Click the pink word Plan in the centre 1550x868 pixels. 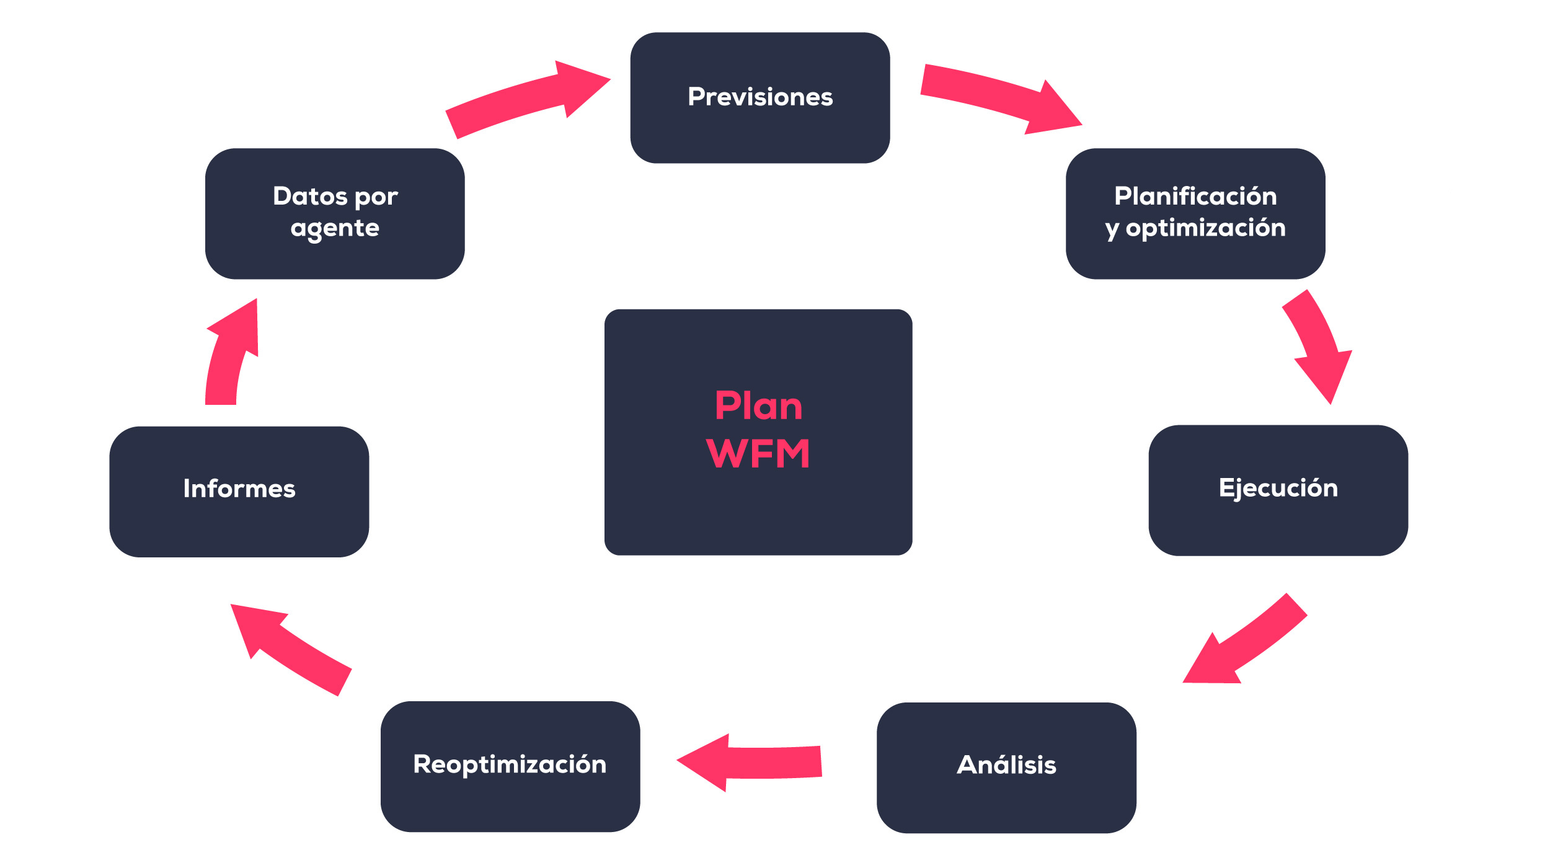click(758, 406)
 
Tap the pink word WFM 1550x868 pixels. click(758, 454)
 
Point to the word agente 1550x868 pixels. click(335, 228)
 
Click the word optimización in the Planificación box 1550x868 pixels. click(1205, 228)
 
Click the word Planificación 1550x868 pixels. click(1195, 196)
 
